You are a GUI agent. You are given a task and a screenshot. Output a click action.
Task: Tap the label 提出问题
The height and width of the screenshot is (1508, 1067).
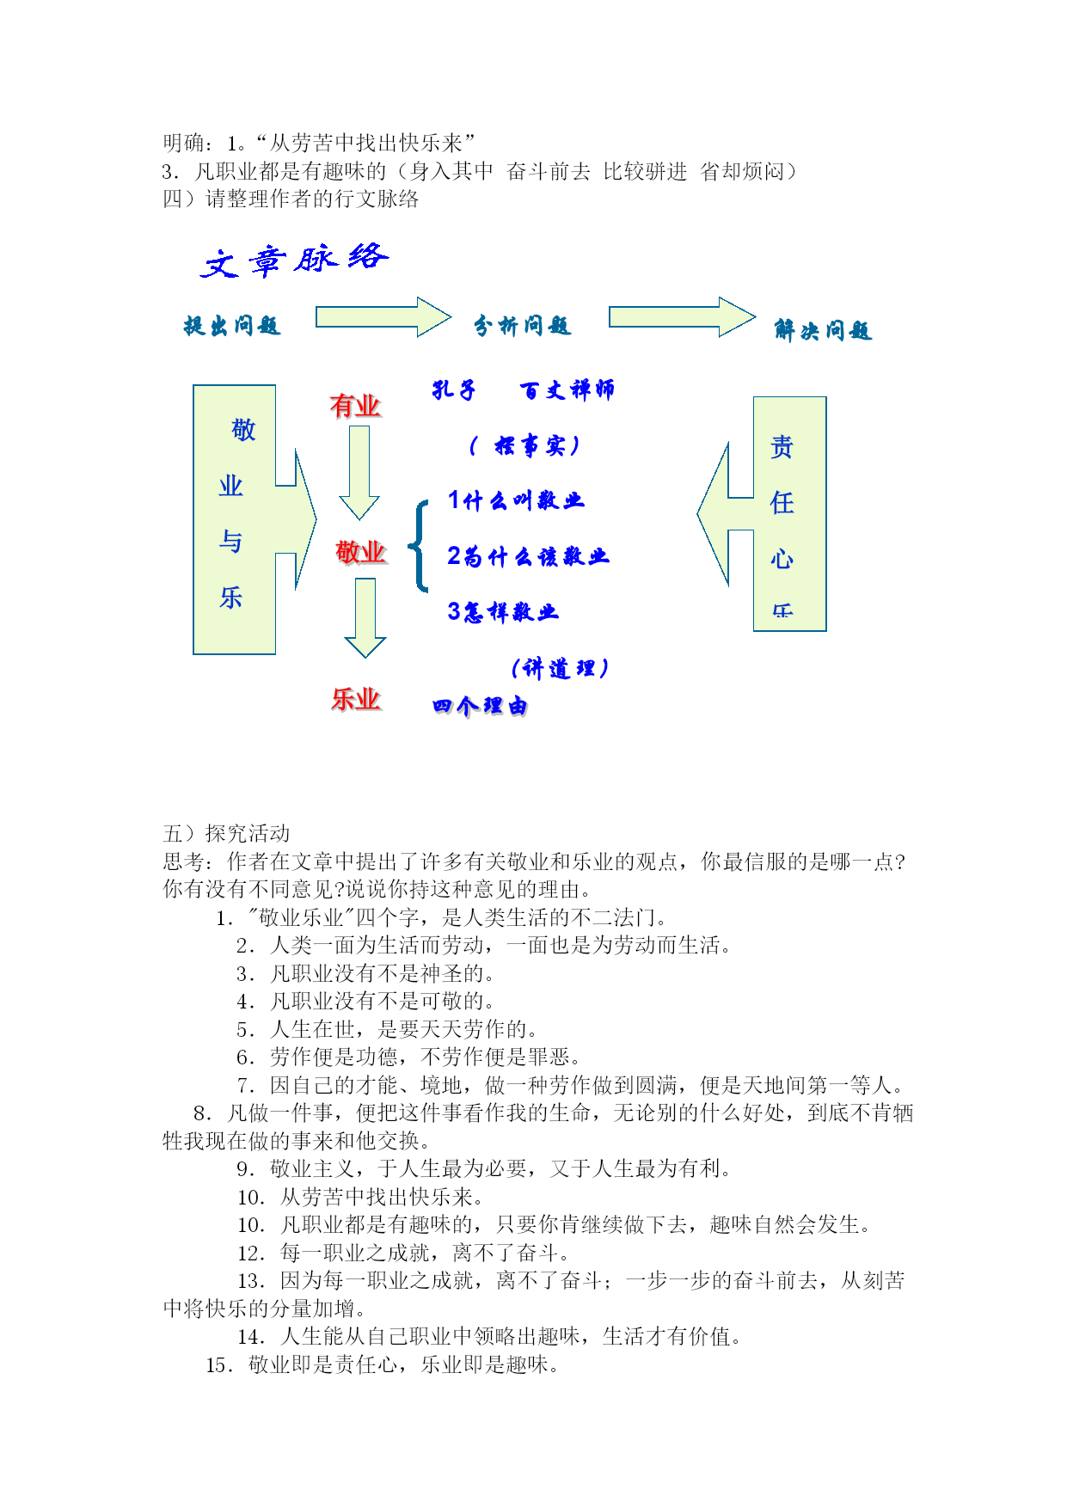coord(232,326)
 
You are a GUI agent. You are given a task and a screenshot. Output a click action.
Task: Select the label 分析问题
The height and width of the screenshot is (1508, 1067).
coord(523,325)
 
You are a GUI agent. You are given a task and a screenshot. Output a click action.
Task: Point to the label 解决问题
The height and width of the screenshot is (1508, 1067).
coord(823,330)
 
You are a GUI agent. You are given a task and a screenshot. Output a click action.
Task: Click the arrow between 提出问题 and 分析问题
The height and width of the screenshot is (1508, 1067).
coord(383,317)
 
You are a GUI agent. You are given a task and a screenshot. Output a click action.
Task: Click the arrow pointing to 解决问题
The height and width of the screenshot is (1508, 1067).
coord(683,317)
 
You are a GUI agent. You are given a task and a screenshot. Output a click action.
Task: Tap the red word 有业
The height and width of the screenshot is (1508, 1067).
coord(355,406)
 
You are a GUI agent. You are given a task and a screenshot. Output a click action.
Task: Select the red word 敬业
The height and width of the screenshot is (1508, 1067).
coord(361,552)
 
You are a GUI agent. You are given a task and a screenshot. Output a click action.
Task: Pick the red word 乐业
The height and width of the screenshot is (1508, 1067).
coord(356,699)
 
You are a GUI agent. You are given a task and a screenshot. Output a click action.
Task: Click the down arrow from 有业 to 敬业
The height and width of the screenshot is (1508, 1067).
coord(359,473)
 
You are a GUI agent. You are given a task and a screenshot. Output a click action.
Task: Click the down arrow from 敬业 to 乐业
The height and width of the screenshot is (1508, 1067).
coord(365,618)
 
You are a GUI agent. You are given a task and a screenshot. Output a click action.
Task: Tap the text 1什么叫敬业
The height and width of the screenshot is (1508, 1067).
coord(516,500)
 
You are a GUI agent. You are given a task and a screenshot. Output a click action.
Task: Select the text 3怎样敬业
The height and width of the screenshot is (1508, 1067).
coord(503,611)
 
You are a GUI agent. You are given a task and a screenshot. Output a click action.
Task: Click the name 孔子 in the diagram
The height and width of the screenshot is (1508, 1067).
coord(454,390)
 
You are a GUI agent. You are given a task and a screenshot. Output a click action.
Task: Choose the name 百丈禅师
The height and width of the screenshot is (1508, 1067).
coord(567,390)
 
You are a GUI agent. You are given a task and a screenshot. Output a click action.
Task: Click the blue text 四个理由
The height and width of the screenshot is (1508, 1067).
coord(481,706)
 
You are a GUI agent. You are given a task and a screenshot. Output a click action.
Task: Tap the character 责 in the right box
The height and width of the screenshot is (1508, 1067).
coord(782,447)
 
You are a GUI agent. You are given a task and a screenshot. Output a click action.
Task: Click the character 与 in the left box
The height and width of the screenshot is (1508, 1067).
coord(230,542)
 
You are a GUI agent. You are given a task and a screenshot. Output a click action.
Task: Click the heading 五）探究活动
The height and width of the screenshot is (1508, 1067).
coord(227,833)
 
